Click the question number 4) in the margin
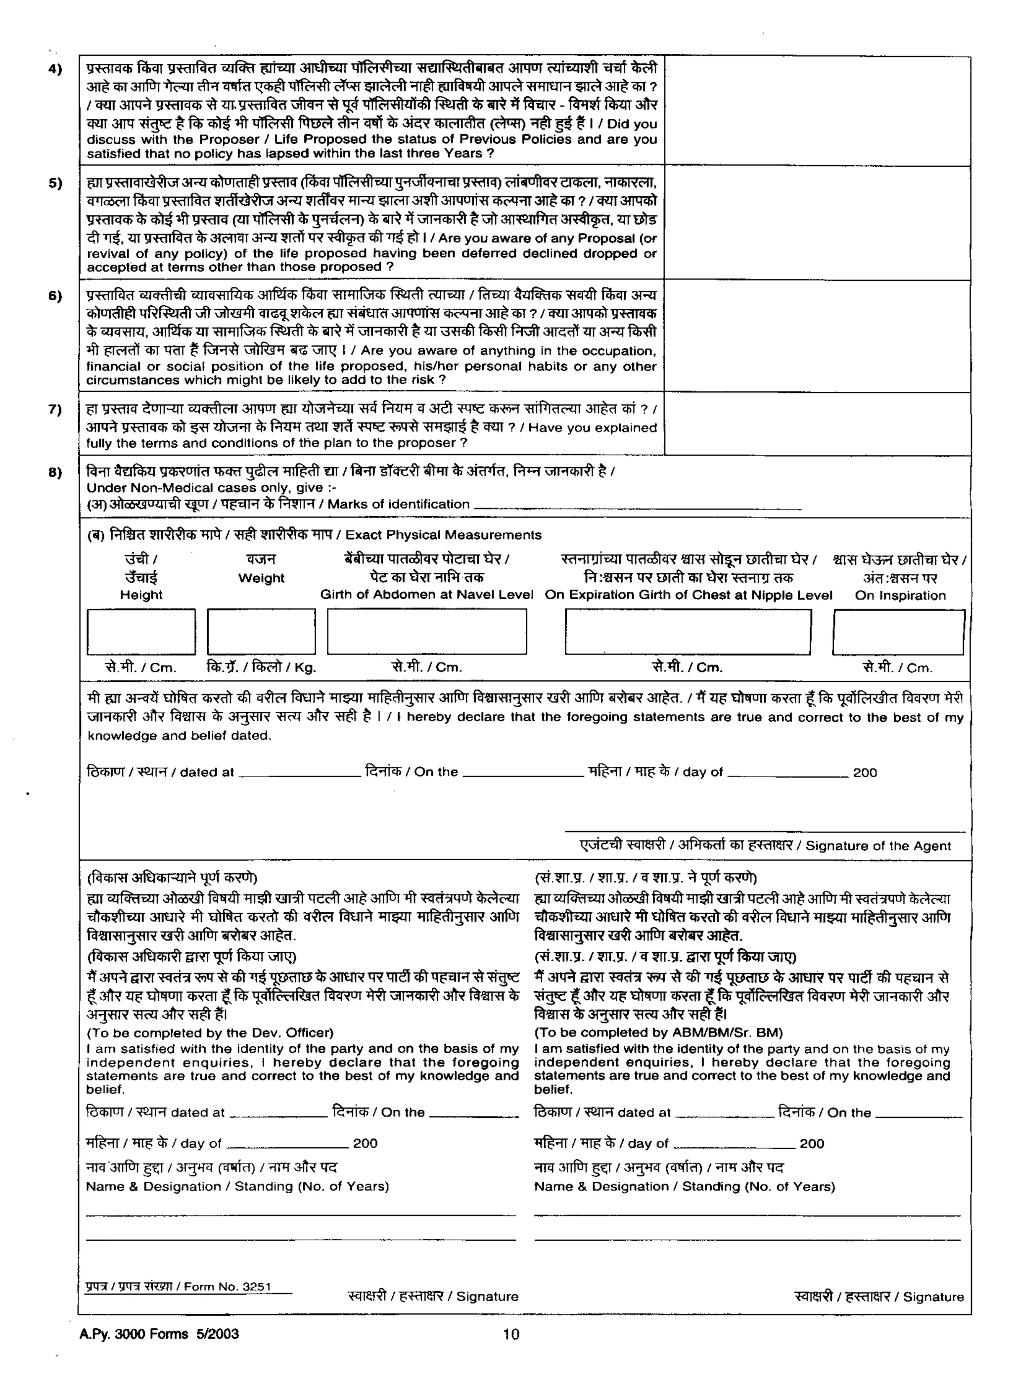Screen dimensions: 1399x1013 pos(55,69)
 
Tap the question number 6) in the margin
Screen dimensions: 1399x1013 pos(55,296)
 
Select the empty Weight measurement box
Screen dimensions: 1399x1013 pos(261,632)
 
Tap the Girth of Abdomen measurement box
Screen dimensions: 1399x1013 pos(427,632)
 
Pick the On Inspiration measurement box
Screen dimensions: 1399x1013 pos(898,632)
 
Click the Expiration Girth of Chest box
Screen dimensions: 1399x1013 pos(688,632)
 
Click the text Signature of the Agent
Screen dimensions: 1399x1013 pos(878,846)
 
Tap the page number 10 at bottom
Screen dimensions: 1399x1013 pos(511,1335)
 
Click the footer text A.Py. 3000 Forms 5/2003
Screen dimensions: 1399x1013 pos(159,1334)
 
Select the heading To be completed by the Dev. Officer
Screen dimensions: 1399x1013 pos(210,1032)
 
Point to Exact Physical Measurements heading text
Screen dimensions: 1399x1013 pos(443,535)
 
